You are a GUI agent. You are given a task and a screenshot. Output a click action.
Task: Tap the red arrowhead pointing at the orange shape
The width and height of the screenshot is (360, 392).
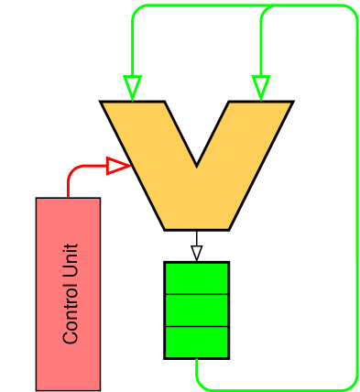pyautogui.click(x=118, y=166)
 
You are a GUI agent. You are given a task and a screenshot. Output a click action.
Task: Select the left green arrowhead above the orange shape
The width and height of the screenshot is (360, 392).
pyautogui.click(x=133, y=88)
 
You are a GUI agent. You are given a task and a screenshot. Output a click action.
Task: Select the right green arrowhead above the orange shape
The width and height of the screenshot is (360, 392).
pyautogui.click(x=261, y=88)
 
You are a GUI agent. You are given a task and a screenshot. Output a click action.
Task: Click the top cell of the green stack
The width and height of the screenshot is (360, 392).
pyautogui.click(x=196, y=278)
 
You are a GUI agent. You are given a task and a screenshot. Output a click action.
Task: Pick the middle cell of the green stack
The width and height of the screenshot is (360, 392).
pyautogui.click(x=196, y=310)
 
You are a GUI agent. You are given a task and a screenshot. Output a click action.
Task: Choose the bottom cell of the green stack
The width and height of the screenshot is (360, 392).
pyautogui.click(x=196, y=342)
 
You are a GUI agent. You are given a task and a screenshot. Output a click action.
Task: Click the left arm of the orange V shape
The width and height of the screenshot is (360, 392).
pyautogui.click(x=147, y=147)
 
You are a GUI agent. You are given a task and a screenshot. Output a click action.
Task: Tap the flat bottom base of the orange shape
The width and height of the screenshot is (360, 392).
pyautogui.click(x=196, y=225)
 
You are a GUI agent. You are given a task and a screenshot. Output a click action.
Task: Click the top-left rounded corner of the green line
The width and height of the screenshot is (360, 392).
pyautogui.click(x=136, y=9)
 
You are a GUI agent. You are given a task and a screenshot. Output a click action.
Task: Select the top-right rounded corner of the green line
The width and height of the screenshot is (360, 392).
pyautogui.click(x=353, y=10)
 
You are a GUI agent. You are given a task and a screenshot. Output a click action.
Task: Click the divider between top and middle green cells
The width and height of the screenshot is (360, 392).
pyautogui.click(x=196, y=294)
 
